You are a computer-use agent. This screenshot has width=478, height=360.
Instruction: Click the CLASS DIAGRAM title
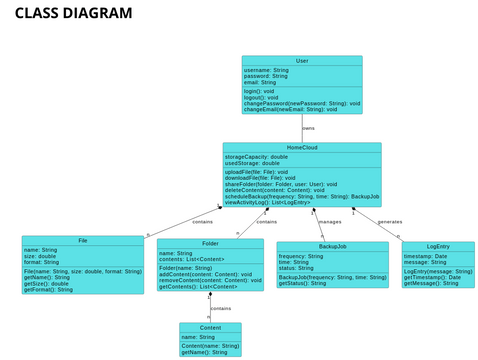73,13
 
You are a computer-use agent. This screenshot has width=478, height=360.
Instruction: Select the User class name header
302,61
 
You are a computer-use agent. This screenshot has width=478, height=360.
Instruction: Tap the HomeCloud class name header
301,147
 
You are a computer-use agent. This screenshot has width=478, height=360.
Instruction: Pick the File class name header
82,241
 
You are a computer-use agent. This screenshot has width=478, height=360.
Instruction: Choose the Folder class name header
210,244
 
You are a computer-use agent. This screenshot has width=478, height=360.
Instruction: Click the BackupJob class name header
332,246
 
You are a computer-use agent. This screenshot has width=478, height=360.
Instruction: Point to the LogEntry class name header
438,246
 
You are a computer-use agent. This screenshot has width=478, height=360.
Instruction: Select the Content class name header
210,327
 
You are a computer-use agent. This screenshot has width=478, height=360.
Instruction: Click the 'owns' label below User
308,128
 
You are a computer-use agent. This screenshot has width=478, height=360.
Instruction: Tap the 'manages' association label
330,221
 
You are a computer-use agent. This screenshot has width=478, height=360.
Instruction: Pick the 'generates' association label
389,221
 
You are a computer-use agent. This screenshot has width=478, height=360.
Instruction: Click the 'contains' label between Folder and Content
220,308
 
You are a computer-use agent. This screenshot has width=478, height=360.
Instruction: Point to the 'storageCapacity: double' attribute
256,157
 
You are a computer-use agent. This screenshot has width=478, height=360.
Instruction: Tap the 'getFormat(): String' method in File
48,289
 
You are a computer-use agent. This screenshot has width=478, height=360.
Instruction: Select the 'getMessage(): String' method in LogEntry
431,283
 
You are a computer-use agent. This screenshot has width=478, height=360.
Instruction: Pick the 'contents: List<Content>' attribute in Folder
193,259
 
